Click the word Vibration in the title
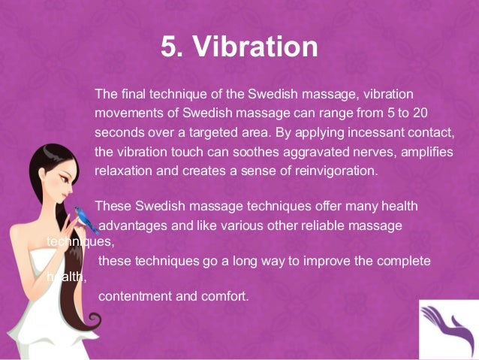point(256,47)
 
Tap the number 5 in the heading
point(170,47)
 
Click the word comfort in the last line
point(224,295)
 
